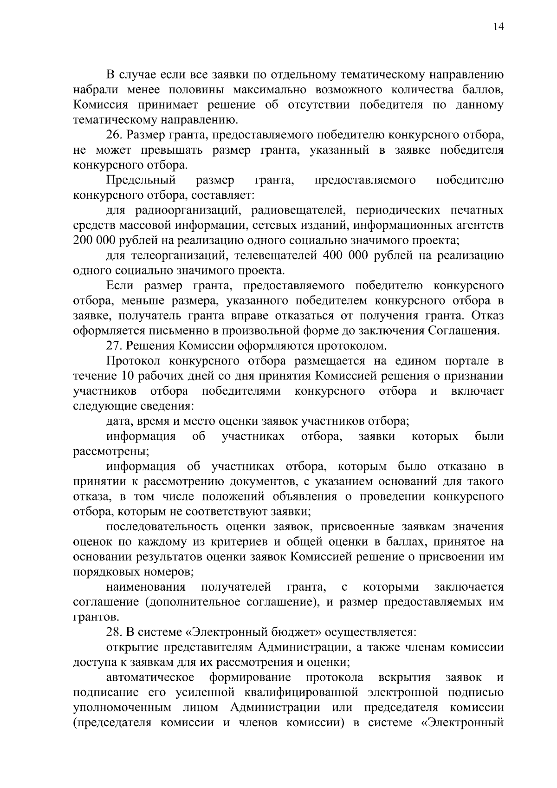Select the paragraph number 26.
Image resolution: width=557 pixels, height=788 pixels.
tap(114, 135)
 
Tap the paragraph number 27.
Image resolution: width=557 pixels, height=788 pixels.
tap(114, 345)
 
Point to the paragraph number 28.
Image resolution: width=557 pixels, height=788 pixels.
tap(114, 632)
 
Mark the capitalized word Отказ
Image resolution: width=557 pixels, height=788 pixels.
tap(488, 316)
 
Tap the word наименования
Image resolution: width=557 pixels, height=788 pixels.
tap(146, 587)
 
